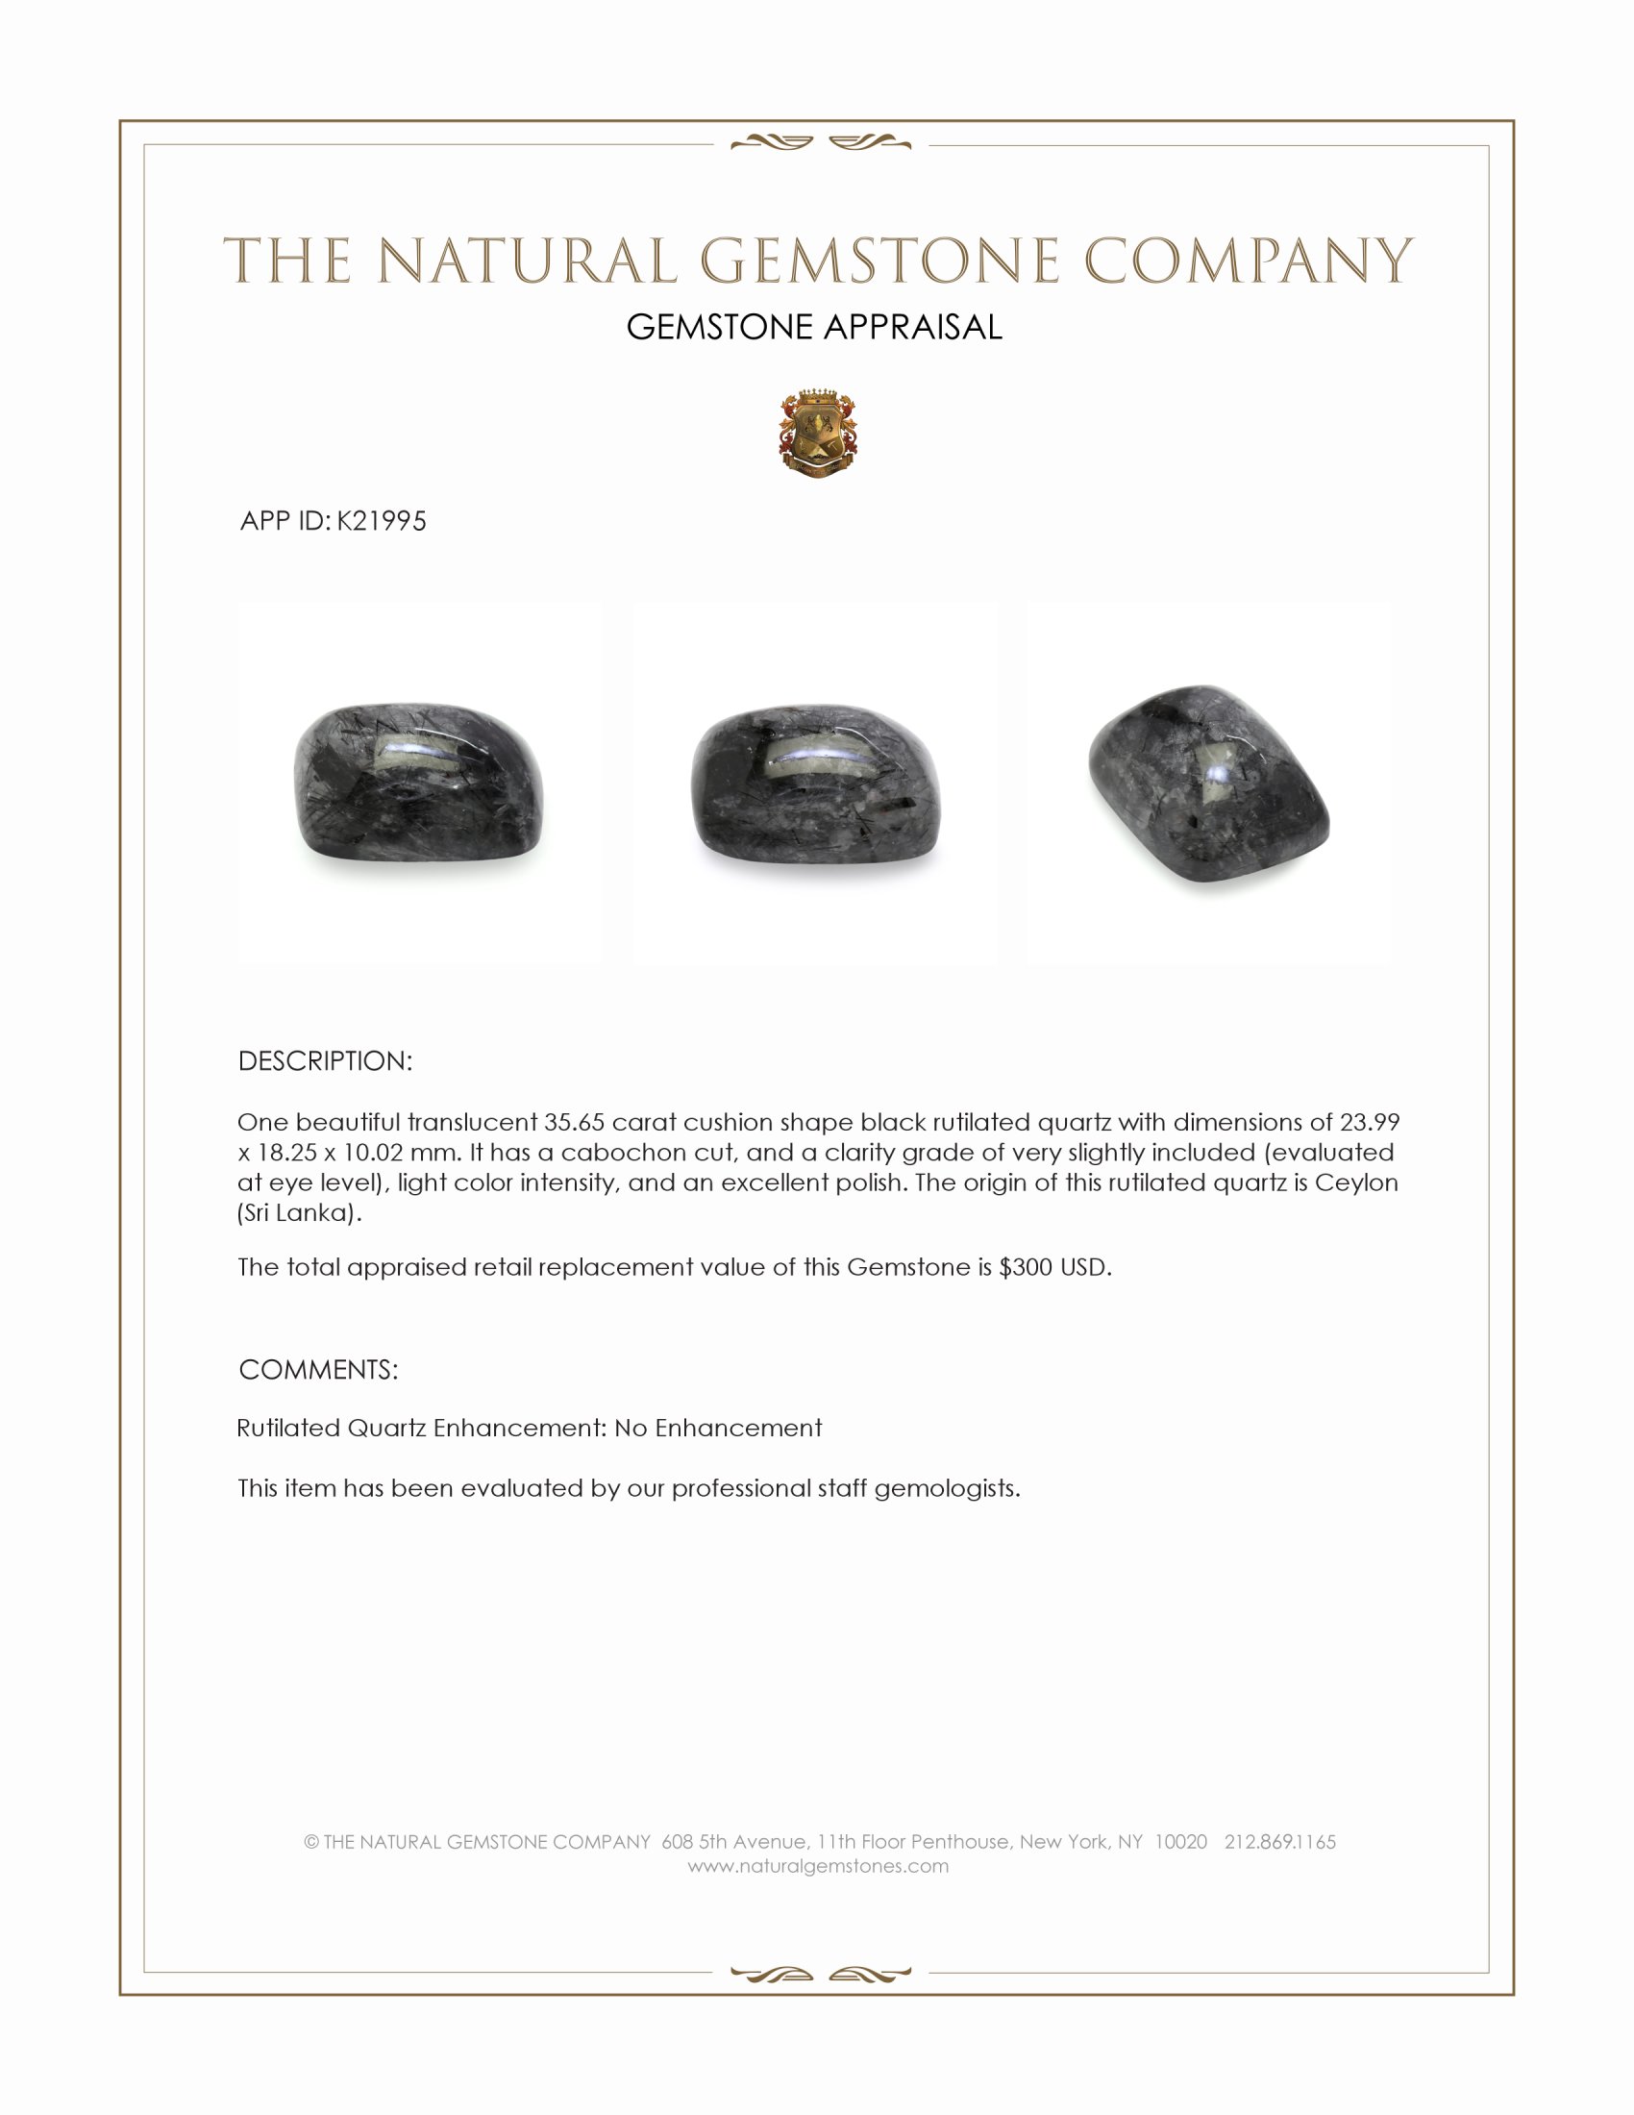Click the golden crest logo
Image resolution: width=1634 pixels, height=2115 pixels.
click(x=818, y=434)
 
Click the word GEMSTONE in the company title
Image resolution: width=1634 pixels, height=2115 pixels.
click(x=879, y=261)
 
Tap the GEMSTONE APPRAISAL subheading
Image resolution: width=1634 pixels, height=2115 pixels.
click(x=814, y=327)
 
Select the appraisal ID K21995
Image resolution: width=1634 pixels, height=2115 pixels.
click(x=382, y=521)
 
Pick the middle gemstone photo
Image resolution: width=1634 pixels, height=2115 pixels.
click(x=815, y=783)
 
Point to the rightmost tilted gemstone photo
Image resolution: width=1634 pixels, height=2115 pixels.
click(x=1208, y=783)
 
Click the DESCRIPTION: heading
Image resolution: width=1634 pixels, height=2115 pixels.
click(x=325, y=1061)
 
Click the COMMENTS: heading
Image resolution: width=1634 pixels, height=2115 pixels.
click(x=318, y=1370)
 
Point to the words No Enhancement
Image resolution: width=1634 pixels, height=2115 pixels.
click(x=718, y=1429)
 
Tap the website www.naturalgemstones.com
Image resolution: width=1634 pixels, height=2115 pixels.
click(x=818, y=1866)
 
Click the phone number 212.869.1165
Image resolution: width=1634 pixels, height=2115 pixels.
click(x=1279, y=1842)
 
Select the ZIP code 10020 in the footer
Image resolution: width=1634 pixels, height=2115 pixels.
click(x=1180, y=1842)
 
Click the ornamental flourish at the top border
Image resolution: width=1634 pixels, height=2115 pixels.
click(x=820, y=144)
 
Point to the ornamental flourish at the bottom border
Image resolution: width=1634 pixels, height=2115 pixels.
click(x=820, y=1974)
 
